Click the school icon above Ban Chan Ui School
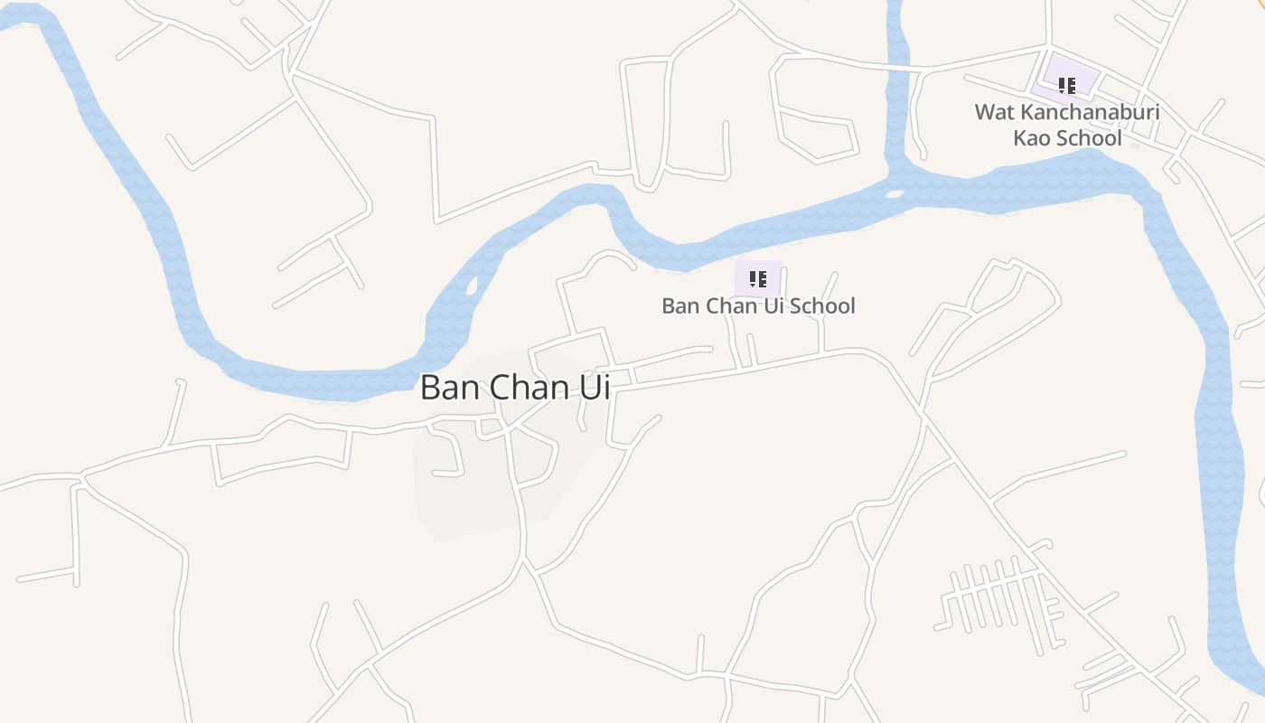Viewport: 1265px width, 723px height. point(758,278)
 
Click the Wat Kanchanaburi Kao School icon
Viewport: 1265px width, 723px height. point(1067,86)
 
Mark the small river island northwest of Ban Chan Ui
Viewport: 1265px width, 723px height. point(472,286)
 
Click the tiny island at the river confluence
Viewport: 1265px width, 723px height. point(895,193)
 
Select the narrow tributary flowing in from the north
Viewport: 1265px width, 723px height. point(896,81)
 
